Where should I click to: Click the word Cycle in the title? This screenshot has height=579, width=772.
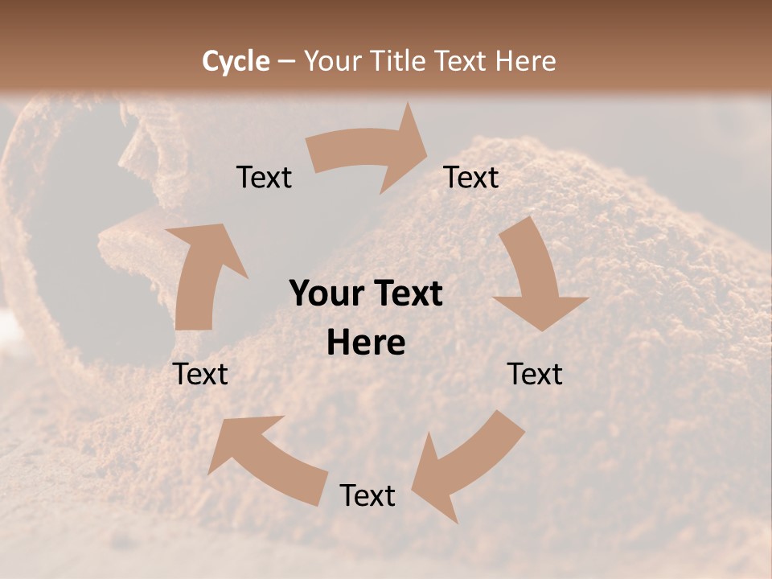pyautogui.click(x=236, y=61)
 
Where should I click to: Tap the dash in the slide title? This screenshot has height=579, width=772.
pyautogui.click(x=286, y=61)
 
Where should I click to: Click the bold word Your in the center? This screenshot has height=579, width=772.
pyautogui.click(x=325, y=294)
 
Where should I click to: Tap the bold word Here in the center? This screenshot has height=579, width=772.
pyautogui.click(x=366, y=343)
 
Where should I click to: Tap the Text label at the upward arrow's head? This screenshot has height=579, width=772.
pyautogui.click(x=265, y=178)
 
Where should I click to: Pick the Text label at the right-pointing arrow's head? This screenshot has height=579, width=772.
pyautogui.click(x=471, y=178)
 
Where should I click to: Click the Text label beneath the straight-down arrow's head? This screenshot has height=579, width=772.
pyautogui.click(x=535, y=374)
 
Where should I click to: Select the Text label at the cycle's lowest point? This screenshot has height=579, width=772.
pyautogui.click(x=368, y=495)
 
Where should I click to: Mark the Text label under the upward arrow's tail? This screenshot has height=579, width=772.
pyautogui.click(x=200, y=374)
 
